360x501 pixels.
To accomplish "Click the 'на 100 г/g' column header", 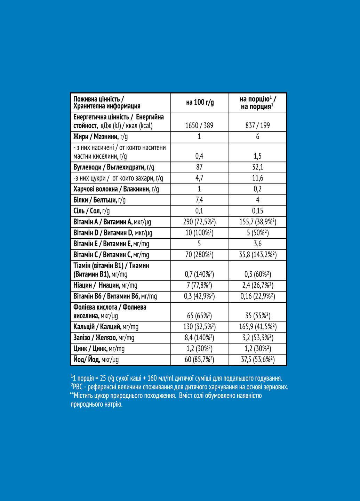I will click(x=200, y=102).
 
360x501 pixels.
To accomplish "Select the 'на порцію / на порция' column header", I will click(x=258, y=103).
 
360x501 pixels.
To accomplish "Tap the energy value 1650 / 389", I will click(x=199, y=126).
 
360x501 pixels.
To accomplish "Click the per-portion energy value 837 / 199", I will click(x=257, y=126).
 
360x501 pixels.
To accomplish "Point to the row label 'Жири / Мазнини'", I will click(x=101, y=137).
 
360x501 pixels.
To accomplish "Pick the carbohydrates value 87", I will click(x=199, y=167).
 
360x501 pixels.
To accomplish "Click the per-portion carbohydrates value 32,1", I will click(x=257, y=167).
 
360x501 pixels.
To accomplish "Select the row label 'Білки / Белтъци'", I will click(x=99, y=200).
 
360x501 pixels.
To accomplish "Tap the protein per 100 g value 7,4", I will click(x=199, y=200).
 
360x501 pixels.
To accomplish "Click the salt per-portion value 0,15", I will click(x=257, y=211).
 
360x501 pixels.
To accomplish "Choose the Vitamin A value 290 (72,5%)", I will click(x=199, y=222).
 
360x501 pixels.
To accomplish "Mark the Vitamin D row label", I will click(x=113, y=233).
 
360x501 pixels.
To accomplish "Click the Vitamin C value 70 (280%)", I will click(x=199, y=255).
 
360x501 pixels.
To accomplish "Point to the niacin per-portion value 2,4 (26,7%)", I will click(x=257, y=286).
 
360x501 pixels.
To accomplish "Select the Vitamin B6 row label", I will click(x=115, y=296).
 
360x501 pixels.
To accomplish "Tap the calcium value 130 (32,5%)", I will click(x=199, y=327).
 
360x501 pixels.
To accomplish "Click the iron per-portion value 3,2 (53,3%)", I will click(x=257, y=337).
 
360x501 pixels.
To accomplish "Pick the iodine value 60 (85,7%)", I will click(x=199, y=359).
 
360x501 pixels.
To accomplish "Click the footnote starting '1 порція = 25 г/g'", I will click(x=176, y=378).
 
